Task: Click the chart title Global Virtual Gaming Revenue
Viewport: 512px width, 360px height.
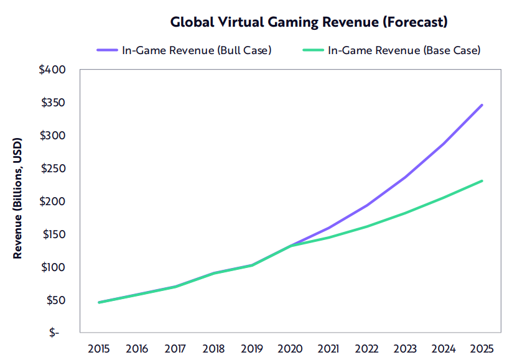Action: [x=309, y=22]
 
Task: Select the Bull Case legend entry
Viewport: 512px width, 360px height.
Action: [x=184, y=50]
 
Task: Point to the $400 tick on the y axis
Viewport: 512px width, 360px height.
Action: [x=53, y=70]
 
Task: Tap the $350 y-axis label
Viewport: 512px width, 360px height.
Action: [x=53, y=103]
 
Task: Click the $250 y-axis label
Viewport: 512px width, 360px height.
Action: [x=53, y=168]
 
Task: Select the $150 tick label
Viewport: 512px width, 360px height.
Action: [x=53, y=234]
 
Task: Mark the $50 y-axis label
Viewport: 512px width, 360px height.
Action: [x=55, y=300]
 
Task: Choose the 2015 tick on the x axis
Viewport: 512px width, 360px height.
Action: [x=99, y=349]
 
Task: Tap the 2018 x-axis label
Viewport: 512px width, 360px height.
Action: [x=213, y=349]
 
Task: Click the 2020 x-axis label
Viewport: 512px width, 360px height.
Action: [x=290, y=349]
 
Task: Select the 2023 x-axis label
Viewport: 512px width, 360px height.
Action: [x=405, y=349]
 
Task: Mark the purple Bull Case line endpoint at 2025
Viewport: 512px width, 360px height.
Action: [x=482, y=105]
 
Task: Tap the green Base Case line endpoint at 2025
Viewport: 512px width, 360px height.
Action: [x=482, y=181]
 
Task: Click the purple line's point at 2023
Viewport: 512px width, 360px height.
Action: [x=405, y=177]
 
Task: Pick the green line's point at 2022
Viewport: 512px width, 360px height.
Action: [x=366, y=226]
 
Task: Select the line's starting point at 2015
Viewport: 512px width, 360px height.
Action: [x=99, y=302]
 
